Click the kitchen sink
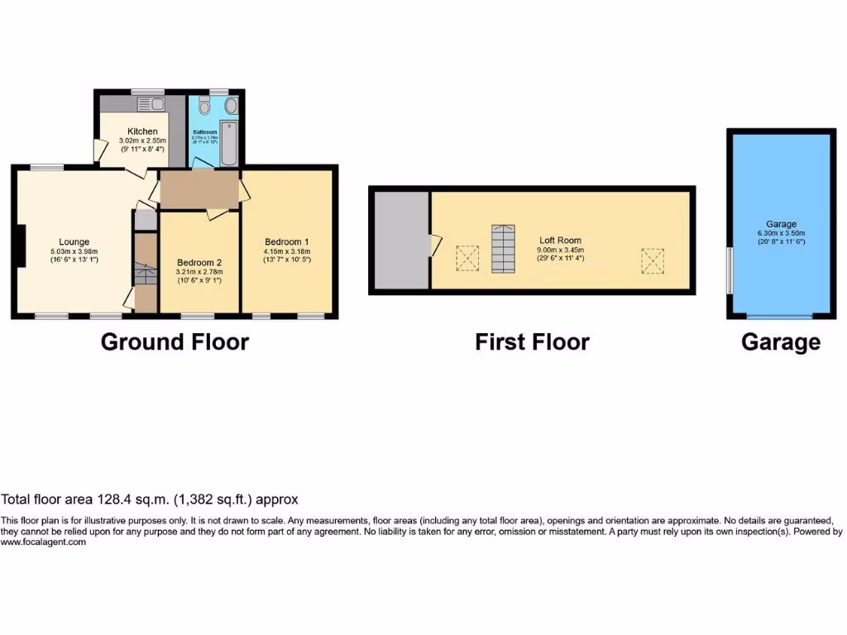coord(153,104)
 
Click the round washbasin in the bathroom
coord(231,106)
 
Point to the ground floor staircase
coord(146,274)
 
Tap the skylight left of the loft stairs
coord(468,259)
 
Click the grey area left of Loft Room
coord(401,239)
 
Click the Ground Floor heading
coord(175,341)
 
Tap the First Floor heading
coord(532,341)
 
